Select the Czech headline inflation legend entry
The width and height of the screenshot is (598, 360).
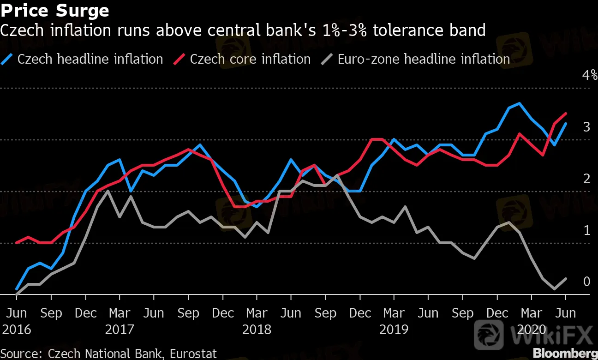coord(90,59)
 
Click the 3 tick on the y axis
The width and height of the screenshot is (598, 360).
coord(586,127)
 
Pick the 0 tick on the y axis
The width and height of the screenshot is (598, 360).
coord(586,282)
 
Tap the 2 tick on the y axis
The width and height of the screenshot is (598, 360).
coord(586,179)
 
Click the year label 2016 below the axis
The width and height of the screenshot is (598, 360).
coord(17,330)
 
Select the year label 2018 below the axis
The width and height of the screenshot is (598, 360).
coord(257,330)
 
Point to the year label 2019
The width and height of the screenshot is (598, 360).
coord(394,330)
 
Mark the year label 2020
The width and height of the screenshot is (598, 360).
coord(531,330)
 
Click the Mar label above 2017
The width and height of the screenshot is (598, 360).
coord(120,313)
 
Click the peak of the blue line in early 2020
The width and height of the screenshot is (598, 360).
coord(520,103)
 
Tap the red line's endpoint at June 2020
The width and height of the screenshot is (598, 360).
coord(566,114)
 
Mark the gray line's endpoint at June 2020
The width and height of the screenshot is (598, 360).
coord(566,279)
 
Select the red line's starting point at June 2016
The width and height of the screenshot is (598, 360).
coord(17,242)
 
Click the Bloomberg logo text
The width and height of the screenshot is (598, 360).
coord(565,353)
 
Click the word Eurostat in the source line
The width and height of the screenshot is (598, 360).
coord(193,354)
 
